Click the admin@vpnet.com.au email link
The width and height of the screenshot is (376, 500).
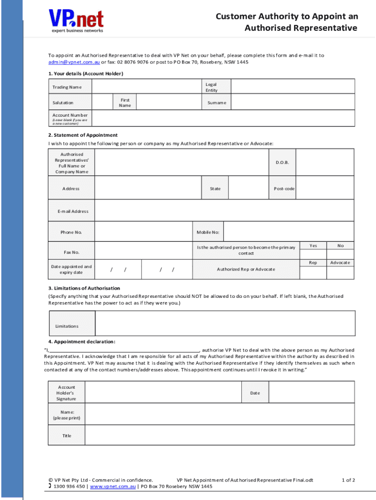pyautogui.click(x=74, y=62)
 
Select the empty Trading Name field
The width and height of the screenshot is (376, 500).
pyautogui.click(x=146, y=87)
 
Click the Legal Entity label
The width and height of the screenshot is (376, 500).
pyautogui.click(x=211, y=87)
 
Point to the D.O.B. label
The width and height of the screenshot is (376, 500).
pyautogui.click(x=282, y=162)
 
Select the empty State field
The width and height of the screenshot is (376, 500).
pyautogui.click(x=247, y=188)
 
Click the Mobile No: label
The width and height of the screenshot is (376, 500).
pyautogui.click(x=208, y=232)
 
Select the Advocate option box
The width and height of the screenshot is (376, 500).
pyautogui.click(x=340, y=272)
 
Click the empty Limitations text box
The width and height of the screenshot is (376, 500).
pyautogui.click(x=225, y=323)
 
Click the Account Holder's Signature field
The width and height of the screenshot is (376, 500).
pyautogui.click(x=164, y=393)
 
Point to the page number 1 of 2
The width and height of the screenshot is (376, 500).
pyautogui.click(x=348, y=480)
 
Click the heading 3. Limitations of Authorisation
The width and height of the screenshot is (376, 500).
pyautogui.click(x=84, y=288)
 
